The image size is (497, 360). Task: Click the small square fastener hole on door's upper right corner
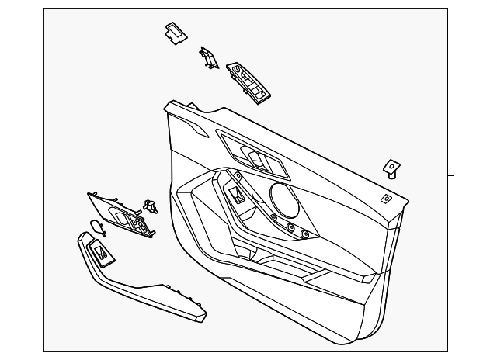[x=387, y=198]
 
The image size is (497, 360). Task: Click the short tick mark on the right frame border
[x=451, y=175]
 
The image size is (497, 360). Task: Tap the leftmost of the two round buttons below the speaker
[x=292, y=227]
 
